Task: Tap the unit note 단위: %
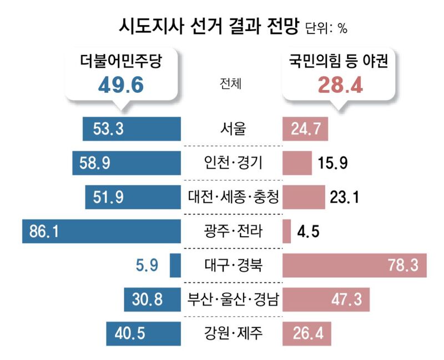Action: (326, 28)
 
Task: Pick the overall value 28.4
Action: (340, 85)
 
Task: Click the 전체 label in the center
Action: (231, 84)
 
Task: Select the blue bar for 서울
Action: (132, 130)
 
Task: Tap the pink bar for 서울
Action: (305, 130)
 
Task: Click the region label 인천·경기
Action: (233, 163)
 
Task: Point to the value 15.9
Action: (333, 163)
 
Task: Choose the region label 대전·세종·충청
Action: (233, 196)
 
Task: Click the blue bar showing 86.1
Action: (102, 231)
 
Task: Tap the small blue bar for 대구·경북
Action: (175, 265)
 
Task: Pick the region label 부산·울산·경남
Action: (233, 300)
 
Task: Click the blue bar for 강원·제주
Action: (143, 334)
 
